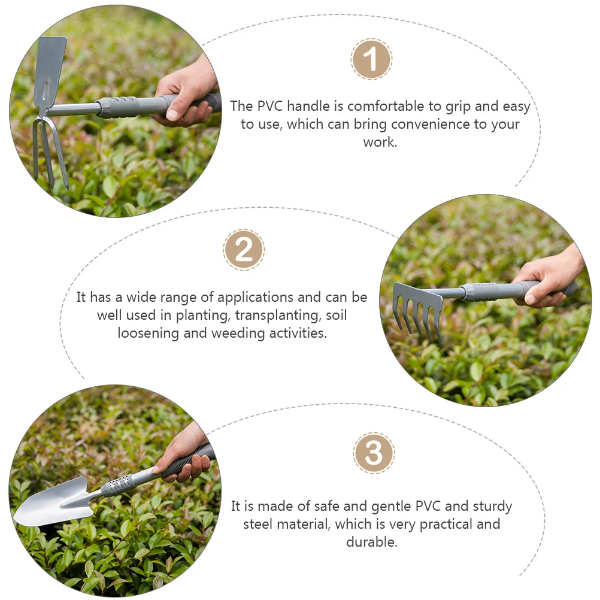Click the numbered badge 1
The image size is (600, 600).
(x=371, y=59)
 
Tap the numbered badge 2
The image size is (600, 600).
(x=244, y=250)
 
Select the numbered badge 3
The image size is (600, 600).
(x=374, y=453)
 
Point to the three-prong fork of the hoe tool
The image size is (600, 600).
(x=49, y=153)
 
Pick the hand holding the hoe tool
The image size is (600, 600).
(x=187, y=94)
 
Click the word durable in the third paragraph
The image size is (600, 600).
(x=371, y=542)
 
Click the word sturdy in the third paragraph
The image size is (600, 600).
(x=492, y=507)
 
